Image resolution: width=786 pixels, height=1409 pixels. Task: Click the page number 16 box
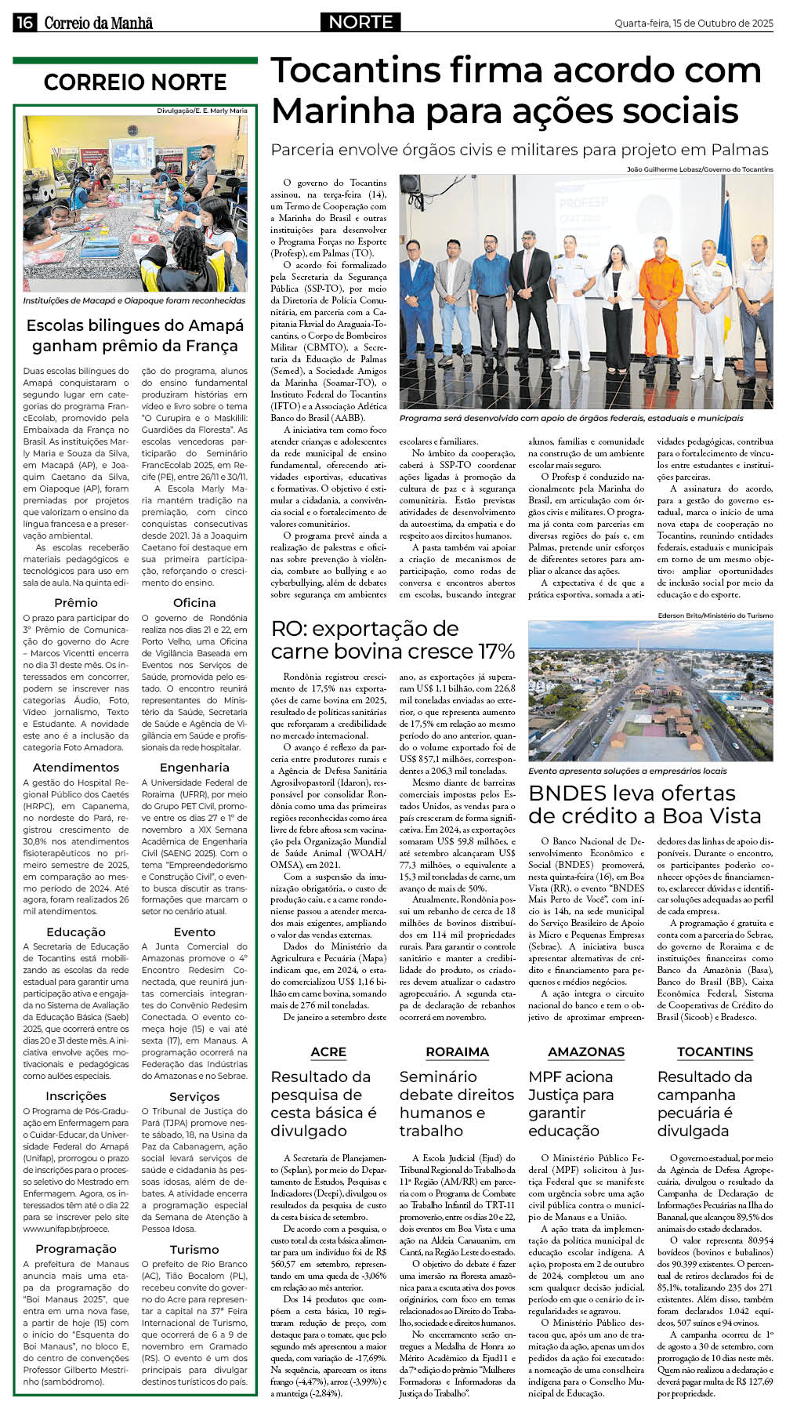(x=24, y=23)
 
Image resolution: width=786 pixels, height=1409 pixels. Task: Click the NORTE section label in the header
(x=360, y=23)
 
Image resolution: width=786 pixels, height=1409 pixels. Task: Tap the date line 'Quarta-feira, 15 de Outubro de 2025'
(x=693, y=24)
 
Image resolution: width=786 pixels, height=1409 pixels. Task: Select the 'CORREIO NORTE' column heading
(x=135, y=82)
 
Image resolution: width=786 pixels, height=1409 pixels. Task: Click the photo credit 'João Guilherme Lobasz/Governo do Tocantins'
(x=699, y=169)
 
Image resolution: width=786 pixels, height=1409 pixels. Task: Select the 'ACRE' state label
(x=328, y=1051)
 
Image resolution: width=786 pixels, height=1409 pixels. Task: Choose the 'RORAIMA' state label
(x=457, y=1051)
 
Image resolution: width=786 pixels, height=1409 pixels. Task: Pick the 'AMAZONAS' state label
(x=586, y=1051)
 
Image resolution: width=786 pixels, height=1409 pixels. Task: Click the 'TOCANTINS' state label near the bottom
(x=715, y=1051)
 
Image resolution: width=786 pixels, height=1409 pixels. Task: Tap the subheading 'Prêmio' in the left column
(x=76, y=602)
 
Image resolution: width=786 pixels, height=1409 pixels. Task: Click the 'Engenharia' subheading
(x=194, y=767)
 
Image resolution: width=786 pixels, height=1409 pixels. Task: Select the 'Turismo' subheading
(x=194, y=1249)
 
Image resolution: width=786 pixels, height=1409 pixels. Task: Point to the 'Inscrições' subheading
(x=76, y=1095)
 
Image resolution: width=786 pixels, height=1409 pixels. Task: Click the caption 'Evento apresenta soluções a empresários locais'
(x=628, y=771)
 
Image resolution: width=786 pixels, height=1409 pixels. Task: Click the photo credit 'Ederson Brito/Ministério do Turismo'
(x=715, y=616)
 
